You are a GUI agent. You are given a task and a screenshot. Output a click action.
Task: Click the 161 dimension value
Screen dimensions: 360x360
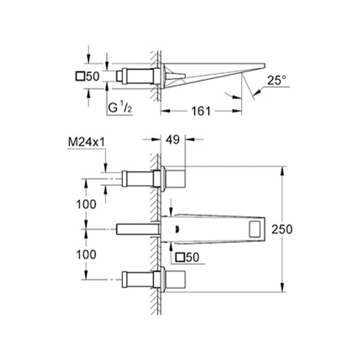[x=201, y=111]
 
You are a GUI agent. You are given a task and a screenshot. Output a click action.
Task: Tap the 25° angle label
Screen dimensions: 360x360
[x=277, y=80]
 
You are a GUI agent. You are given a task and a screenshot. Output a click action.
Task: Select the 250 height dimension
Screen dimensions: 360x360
[x=282, y=229]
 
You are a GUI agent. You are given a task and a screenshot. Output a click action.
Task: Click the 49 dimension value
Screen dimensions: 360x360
[x=173, y=140]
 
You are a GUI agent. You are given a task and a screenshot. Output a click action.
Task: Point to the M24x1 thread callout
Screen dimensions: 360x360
[x=86, y=142]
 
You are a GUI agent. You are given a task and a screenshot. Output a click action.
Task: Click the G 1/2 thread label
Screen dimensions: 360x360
[x=120, y=107]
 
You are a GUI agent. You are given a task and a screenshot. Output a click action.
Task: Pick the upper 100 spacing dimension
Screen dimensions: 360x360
[x=86, y=204]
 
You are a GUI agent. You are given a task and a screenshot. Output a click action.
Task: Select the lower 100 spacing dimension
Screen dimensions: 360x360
[x=86, y=254]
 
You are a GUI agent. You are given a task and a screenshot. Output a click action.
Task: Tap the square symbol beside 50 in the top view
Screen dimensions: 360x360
[x=80, y=76]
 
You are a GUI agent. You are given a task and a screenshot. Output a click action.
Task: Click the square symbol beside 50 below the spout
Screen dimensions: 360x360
[x=180, y=257]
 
